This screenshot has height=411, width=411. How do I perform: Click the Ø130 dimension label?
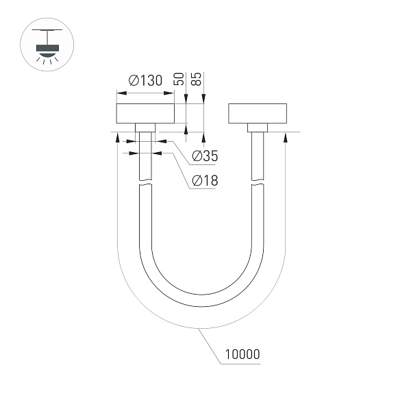click(x=145, y=81)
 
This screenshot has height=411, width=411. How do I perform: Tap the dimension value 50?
click(x=179, y=79)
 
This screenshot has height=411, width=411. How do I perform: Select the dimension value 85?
click(x=197, y=79)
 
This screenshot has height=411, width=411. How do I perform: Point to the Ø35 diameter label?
click(x=205, y=156)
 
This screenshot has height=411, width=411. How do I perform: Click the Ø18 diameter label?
click(x=205, y=181)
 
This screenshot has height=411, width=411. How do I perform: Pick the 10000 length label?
click(x=241, y=355)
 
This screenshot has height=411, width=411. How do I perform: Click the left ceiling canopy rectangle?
click(x=145, y=114)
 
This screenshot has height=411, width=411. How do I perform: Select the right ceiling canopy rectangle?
click(x=258, y=114)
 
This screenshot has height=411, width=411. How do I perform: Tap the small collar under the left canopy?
click(x=145, y=128)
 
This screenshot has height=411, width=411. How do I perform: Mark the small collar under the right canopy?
click(x=258, y=128)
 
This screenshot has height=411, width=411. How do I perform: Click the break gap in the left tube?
click(x=145, y=184)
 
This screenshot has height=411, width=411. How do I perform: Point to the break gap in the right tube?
click(x=258, y=184)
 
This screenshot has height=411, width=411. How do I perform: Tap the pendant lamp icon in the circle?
click(x=45, y=48)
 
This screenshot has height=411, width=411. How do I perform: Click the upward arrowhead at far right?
click(x=284, y=136)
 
